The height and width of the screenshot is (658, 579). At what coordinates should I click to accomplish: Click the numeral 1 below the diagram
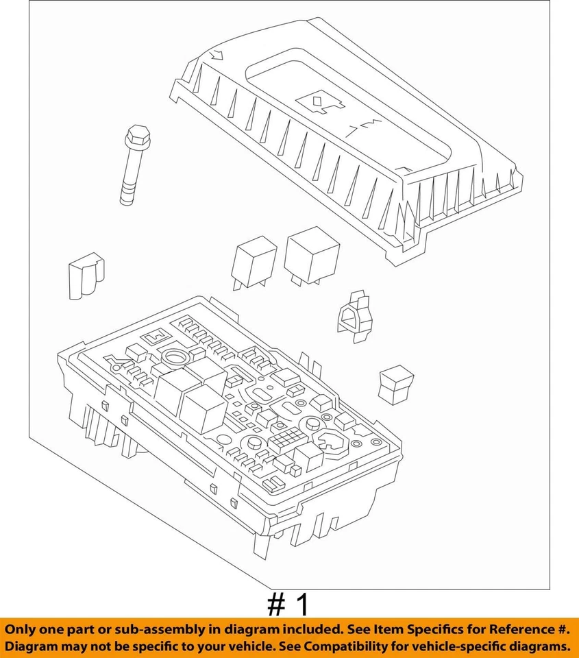click(301, 605)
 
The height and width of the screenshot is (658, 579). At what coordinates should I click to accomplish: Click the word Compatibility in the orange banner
click(356, 646)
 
